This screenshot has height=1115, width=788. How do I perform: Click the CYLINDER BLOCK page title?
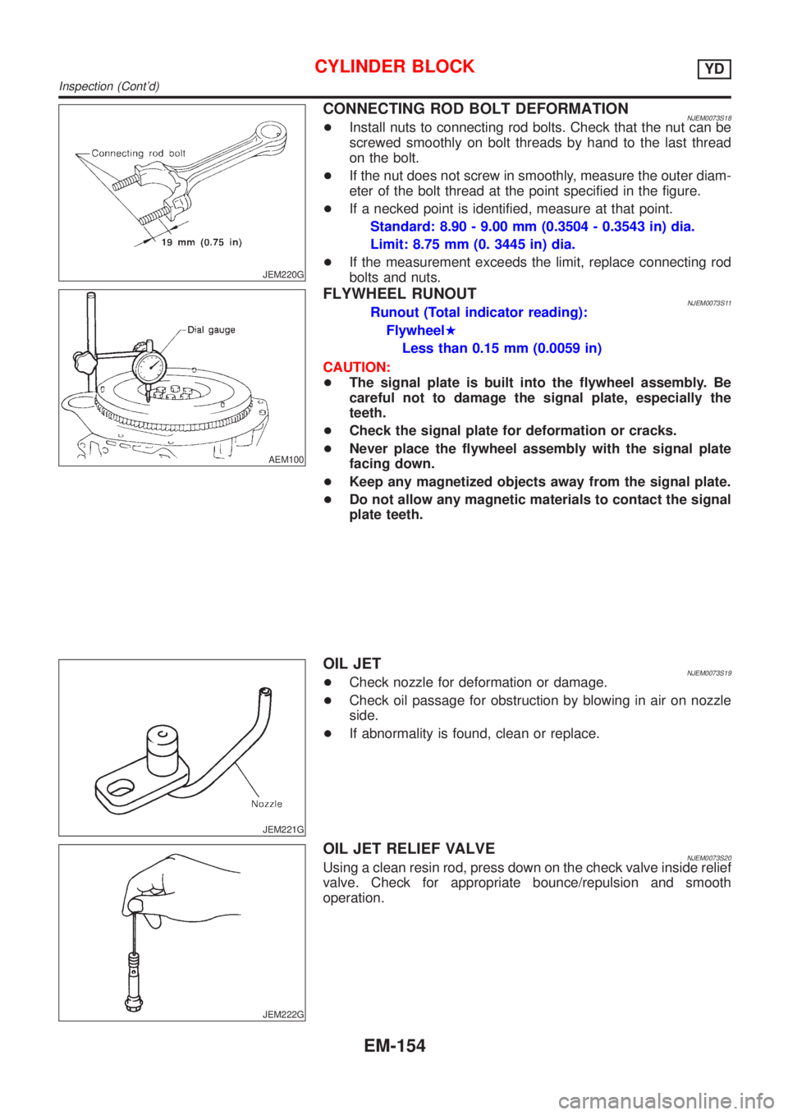click(x=395, y=67)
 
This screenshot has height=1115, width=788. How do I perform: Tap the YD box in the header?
click(x=714, y=69)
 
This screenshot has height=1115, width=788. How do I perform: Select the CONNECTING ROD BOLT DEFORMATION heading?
click(x=476, y=108)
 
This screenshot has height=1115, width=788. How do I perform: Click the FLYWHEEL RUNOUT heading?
click(x=400, y=294)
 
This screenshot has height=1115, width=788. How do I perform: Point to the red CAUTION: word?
click(x=356, y=366)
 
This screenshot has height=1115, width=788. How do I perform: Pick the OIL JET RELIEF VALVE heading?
click(x=409, y=848)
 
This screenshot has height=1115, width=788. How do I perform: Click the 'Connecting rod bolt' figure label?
click(x=139, y=154)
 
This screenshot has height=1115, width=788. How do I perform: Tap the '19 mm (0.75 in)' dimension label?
click(x=201, y=242)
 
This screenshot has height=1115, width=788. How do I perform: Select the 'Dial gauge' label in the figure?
click(x=211, y=330)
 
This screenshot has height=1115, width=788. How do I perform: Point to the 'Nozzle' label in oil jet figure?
click(x=266, y=804)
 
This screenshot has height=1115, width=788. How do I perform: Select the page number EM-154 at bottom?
click(x=395, y=1046)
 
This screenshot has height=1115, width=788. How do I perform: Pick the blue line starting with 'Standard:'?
click(x=533, y=227)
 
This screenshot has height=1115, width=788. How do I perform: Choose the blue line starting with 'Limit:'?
click(x=472, y=244)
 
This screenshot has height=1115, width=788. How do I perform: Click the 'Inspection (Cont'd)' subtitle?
click(x=109, y=86)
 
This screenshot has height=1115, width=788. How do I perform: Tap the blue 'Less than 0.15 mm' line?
click(x=502, y=348)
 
